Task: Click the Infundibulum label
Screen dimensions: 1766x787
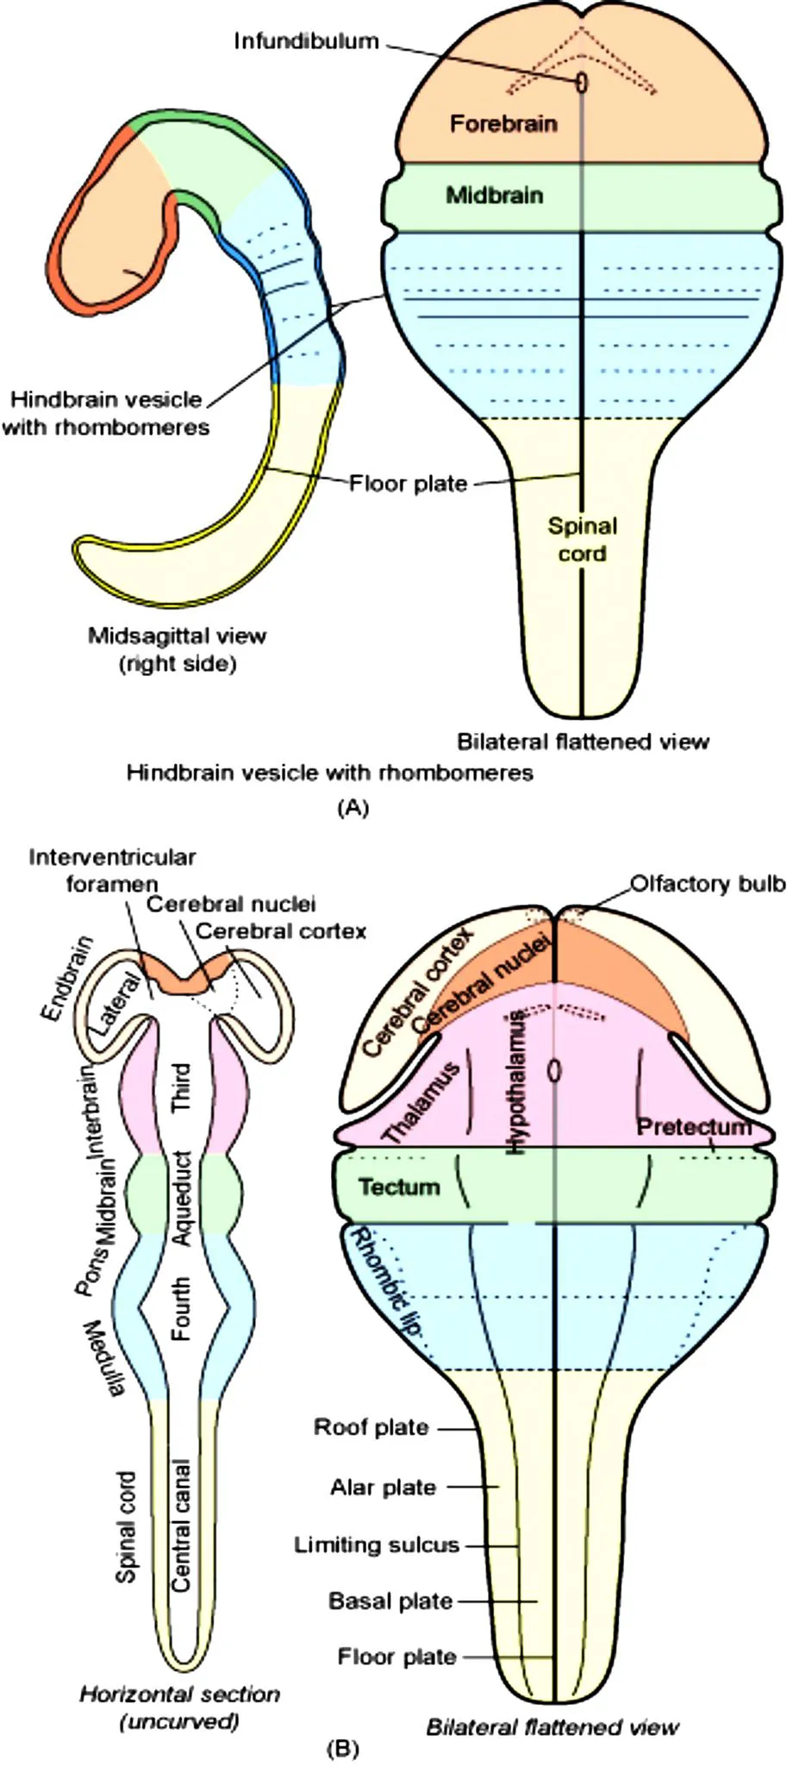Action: [x=306, y=41]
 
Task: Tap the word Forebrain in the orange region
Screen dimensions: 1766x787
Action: [x=503, y=124]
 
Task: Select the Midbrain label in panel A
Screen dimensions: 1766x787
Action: [x=494, y=196]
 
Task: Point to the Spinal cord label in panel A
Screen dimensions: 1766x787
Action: [x=583, y=540]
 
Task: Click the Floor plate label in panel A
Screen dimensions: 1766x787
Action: [x=408, y=483]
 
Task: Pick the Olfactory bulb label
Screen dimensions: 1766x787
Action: [x=708, y=884]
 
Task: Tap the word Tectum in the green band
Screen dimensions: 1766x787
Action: [x=399, y=1187]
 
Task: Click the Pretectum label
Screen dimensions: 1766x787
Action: [x=694, y=1126]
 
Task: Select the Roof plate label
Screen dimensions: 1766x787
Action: [x=371, y=1427]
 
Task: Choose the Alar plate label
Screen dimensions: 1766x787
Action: [x=383, y=1487]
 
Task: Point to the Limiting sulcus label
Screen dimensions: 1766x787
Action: [x=377, y=1544]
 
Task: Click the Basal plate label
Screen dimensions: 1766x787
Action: [x=390, y=1601]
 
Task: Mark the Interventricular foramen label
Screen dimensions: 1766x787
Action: [x=112, y=870]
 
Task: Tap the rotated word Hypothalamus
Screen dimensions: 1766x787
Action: [x=516, y=1081]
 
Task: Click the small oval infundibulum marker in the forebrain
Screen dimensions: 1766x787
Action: [x=583, y=82]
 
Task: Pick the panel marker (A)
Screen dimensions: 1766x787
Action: [x=353, y=807]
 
